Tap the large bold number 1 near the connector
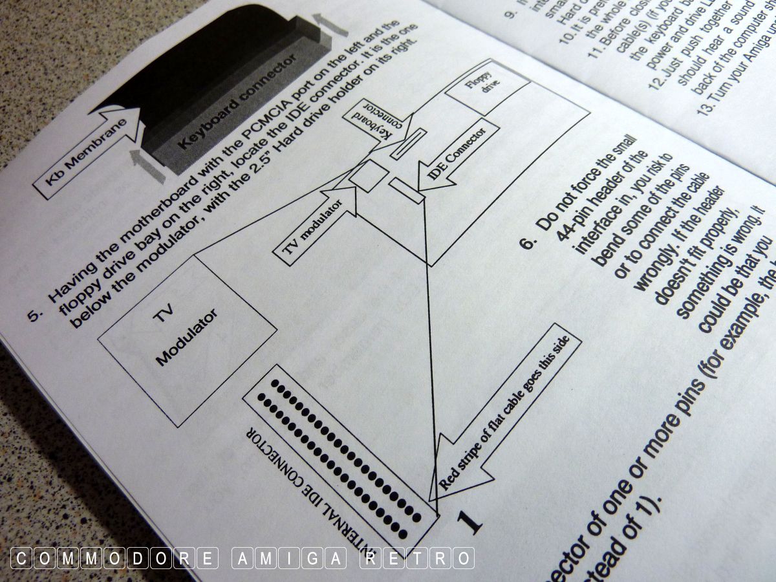pyautogui.click(x=470, y=521)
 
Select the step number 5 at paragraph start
pyautogui.click(x=36, y=313)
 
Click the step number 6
pyautogui.click(x=528, y=241)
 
